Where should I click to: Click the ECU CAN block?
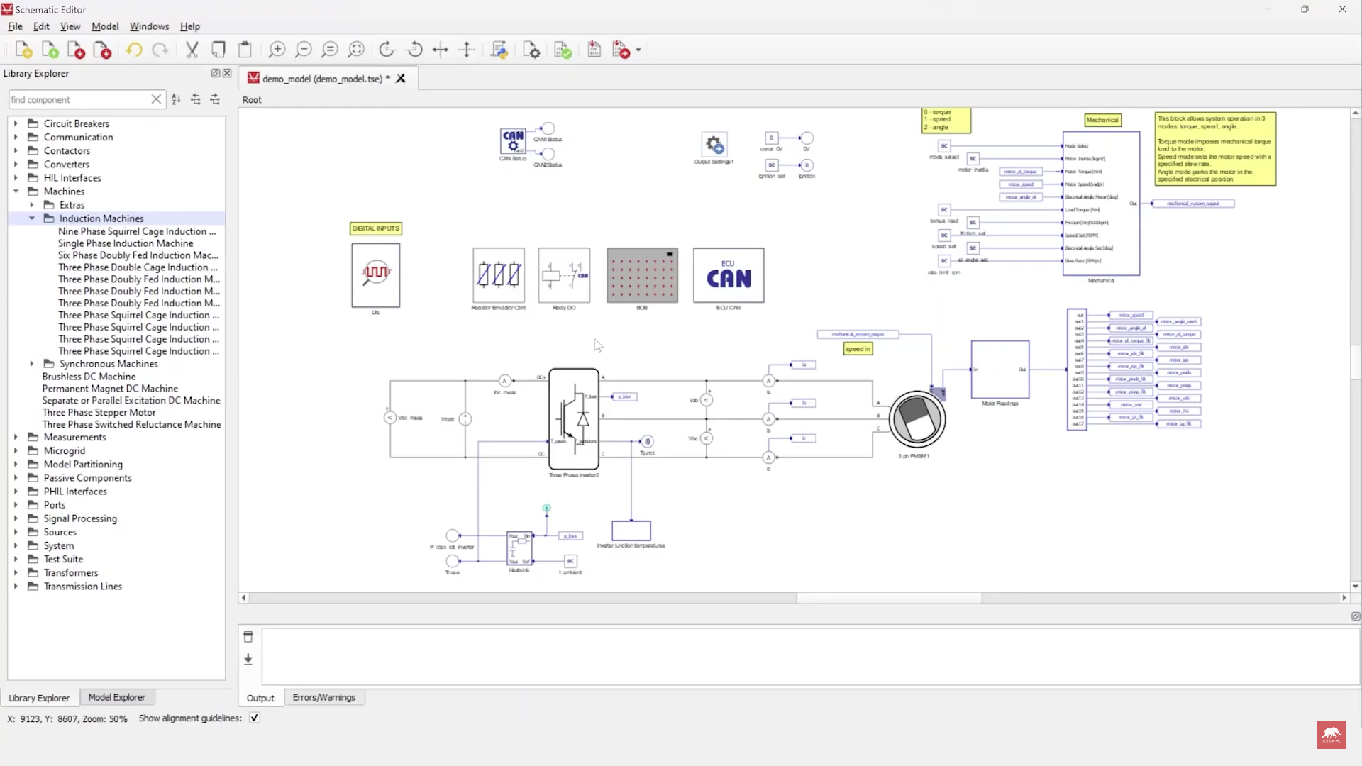(729, 275)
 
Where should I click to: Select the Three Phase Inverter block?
(574, 418)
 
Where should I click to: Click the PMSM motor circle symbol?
(917, 418)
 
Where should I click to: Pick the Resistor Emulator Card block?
(499, 274)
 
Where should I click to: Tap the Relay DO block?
(564, 274)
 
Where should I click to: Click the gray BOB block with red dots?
(642, 275)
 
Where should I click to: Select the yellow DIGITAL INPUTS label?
(376, 228)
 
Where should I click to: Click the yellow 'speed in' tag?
(858, 349)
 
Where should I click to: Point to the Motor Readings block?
(1000, 370)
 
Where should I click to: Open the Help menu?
(189, 26)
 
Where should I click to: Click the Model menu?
(105, 26)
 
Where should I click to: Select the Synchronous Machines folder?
(109, 364)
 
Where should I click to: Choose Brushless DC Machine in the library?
(89, 377)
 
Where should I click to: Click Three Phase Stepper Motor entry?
(99, 413)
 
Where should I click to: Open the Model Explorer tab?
(116, 698)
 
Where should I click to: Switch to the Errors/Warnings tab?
(324, 698)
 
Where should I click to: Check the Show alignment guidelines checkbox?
(255, 718)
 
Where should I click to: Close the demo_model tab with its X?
(401, 79)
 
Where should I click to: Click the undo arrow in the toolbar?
(134, 50)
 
